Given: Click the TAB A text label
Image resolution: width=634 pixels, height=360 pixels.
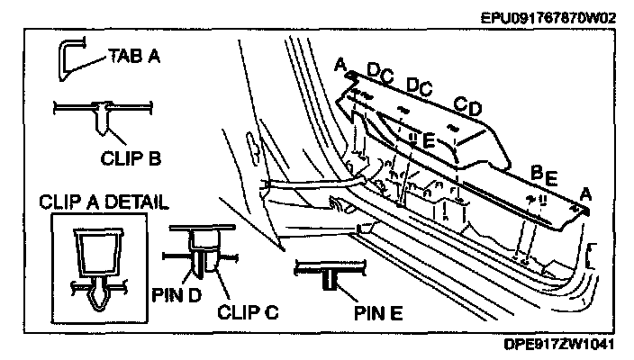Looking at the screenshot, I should click(134, 56).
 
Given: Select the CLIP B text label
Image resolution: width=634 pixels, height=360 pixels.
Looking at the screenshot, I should click(130, 158).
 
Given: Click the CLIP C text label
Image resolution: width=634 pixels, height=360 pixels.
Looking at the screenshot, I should click(248, 314).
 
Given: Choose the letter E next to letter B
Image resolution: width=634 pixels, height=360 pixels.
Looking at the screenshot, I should click(550, 176).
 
